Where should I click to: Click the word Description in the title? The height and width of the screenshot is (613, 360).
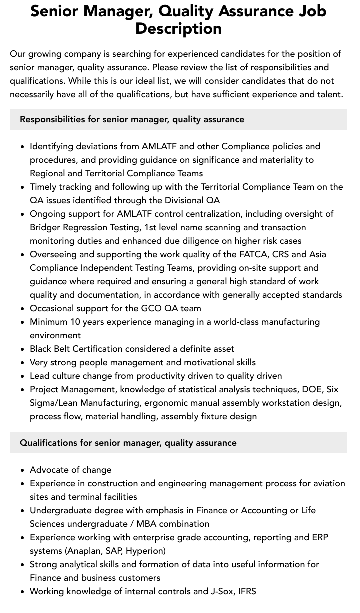178,29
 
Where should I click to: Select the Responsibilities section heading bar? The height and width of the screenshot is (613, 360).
178,119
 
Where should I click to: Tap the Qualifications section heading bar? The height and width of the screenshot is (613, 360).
178,443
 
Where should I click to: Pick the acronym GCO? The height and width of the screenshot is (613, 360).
151,308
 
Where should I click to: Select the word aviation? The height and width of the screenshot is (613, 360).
326,483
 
